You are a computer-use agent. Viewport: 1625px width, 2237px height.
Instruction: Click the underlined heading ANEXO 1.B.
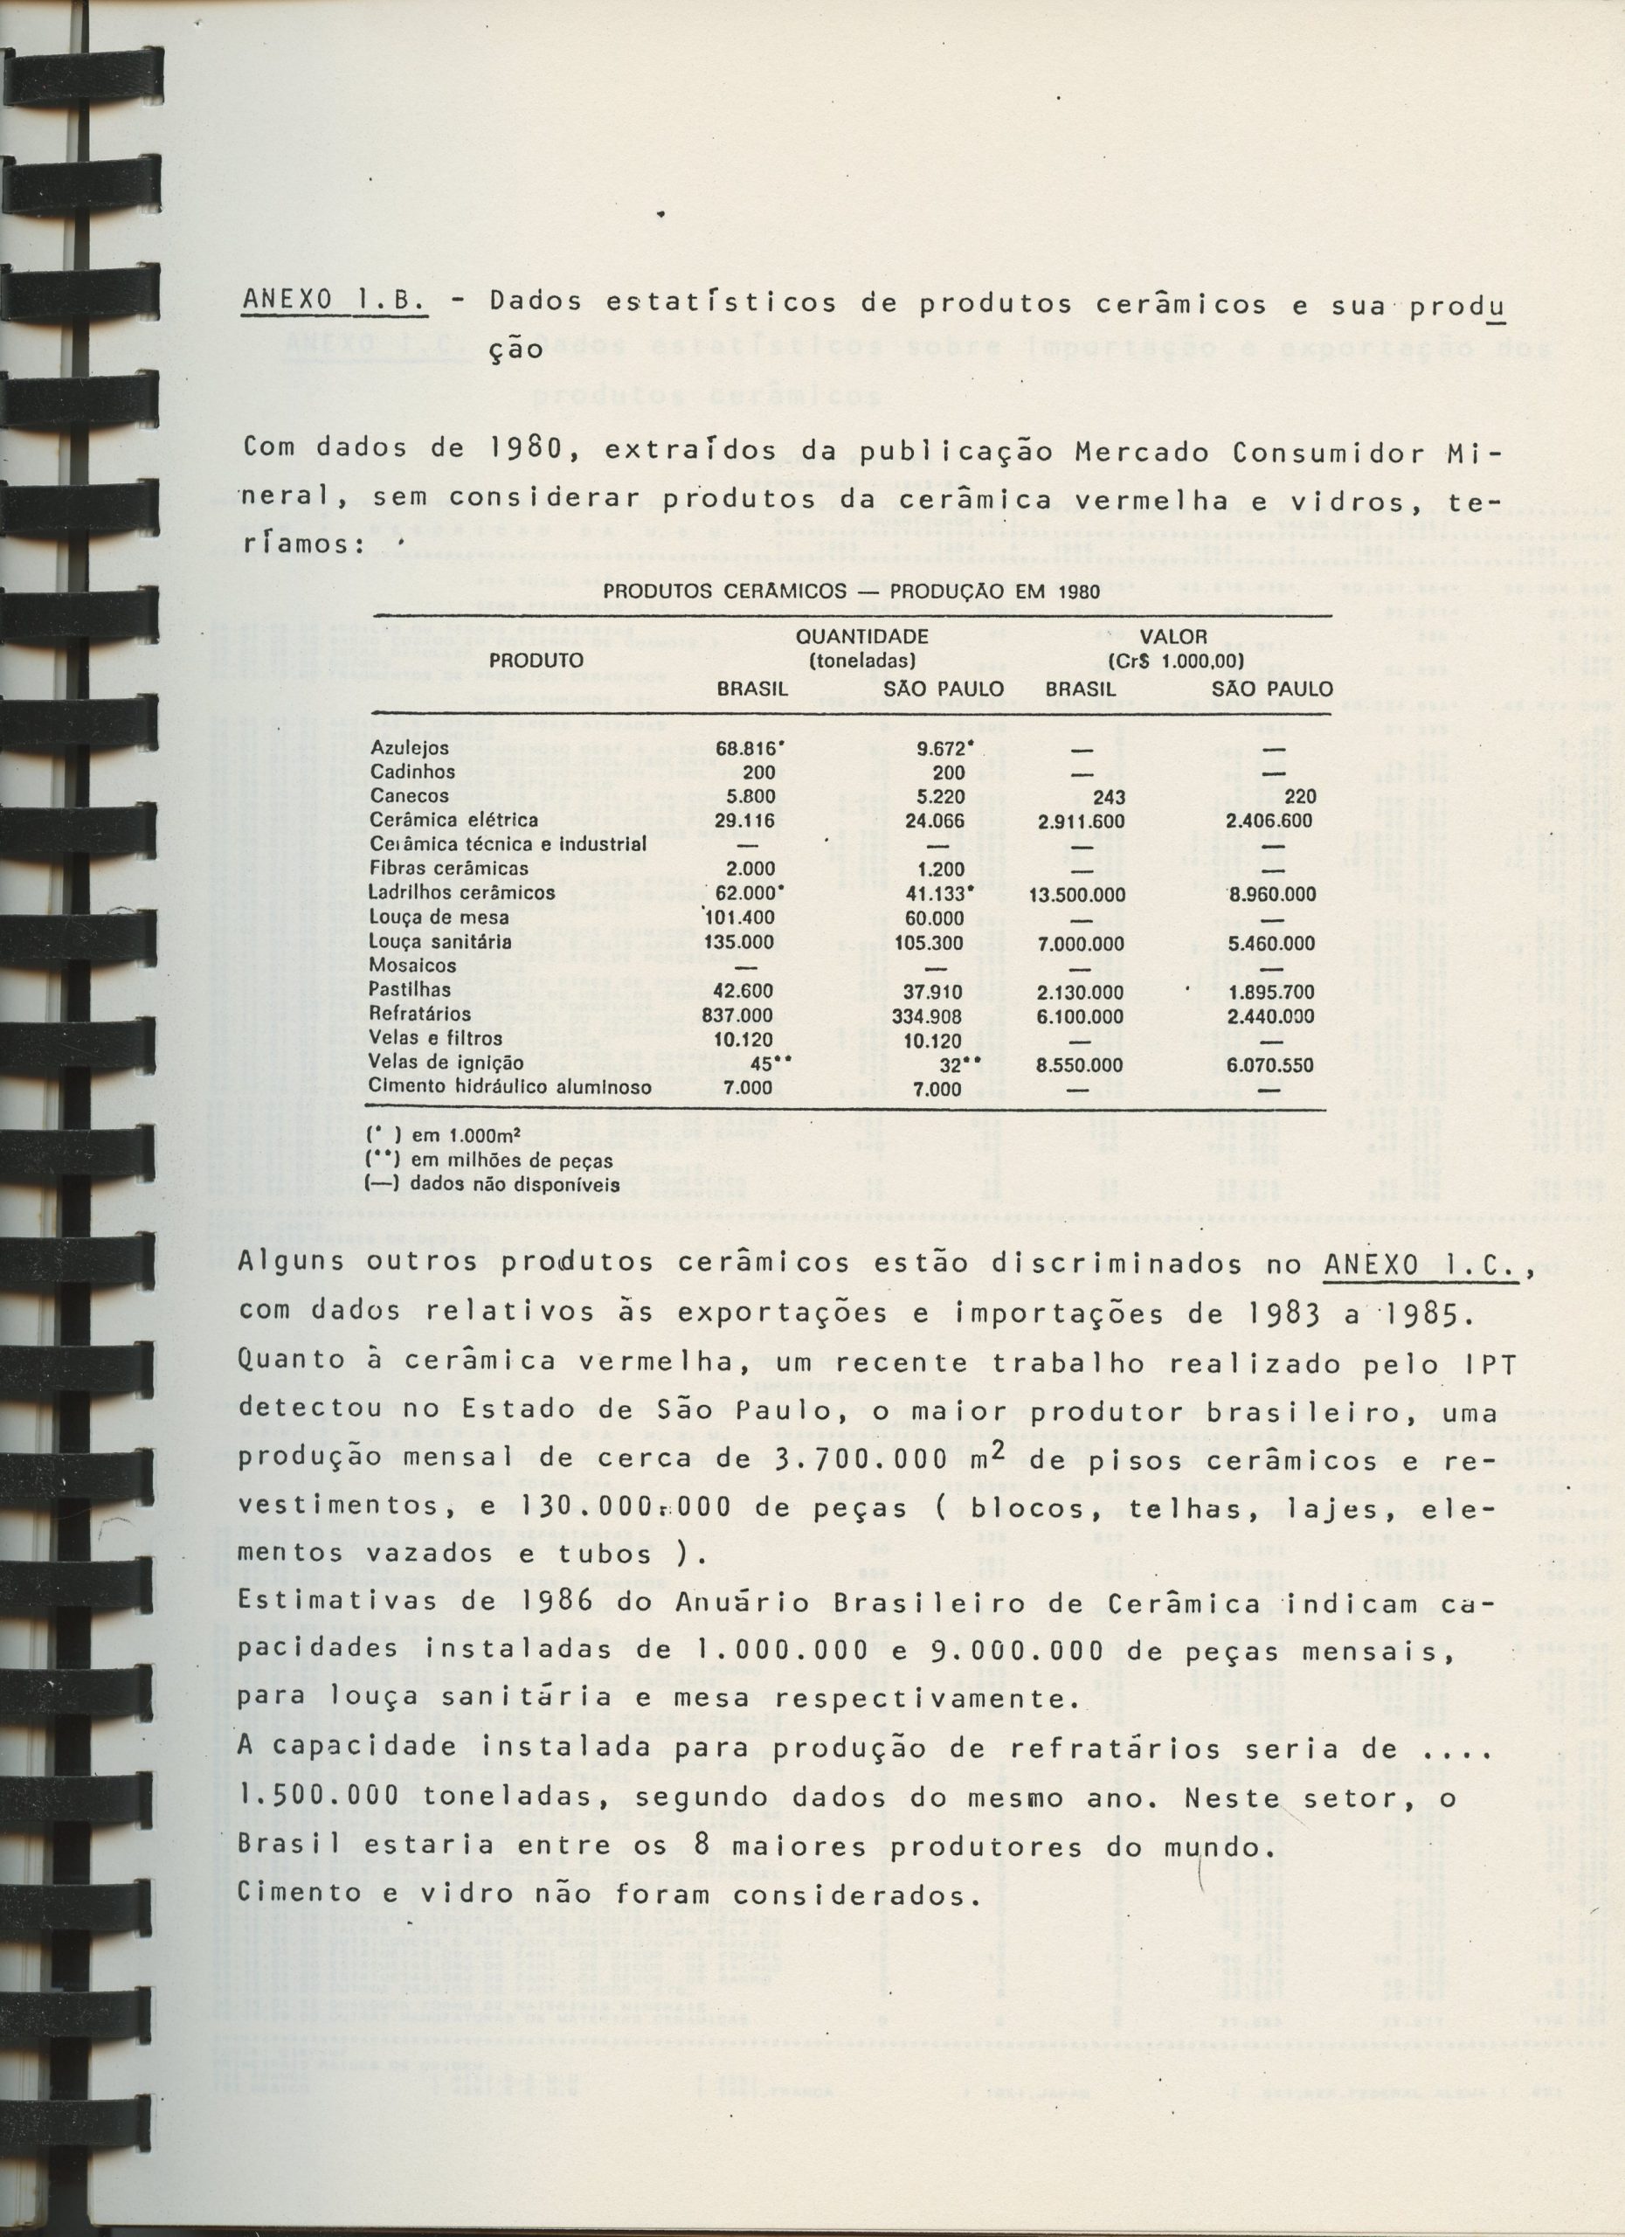335,305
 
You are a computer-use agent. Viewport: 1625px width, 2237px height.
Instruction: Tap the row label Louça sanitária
430,942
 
